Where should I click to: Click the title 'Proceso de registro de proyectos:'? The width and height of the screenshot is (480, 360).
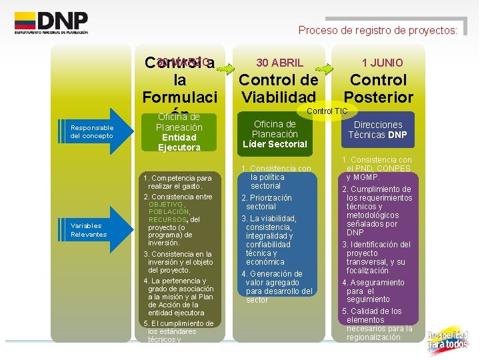pyautogui.click(x=378, y=30)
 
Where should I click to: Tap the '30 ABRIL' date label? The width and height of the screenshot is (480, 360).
pyautogui.click(x=280, y=63)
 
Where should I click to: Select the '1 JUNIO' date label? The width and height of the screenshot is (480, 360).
pyautogui.click(x=382, y=63)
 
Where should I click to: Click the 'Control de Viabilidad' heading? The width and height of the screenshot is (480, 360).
pyautogui.click(x=279, y=89)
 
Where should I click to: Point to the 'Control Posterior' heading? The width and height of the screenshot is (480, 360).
pyautogui.click(x=378, y=89)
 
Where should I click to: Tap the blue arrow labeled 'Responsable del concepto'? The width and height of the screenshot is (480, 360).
pyautogui.click(x=94, y=131)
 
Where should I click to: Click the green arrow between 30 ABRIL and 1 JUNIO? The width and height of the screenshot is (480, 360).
pyautogui.click(x=325, y=68)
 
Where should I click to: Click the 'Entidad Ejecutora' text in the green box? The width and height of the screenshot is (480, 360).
pyautogui.click(x=179, y=142)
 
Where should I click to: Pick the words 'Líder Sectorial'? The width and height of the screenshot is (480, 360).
pyautogui.click(x=275, y=144)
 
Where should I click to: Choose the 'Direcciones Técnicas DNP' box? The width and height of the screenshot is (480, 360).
pyautogui.click(x=378, y=129)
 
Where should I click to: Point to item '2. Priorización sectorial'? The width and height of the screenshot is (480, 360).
pyautogui.click(x=266, y=202)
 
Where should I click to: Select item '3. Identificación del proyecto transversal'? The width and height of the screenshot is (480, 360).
pyautogui.click(x=377, y=257)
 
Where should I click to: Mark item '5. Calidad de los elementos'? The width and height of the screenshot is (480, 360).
pyautogui.click(x=377, y=324)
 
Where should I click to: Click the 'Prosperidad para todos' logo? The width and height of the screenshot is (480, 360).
pyautogui.click(x=448, y=340)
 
